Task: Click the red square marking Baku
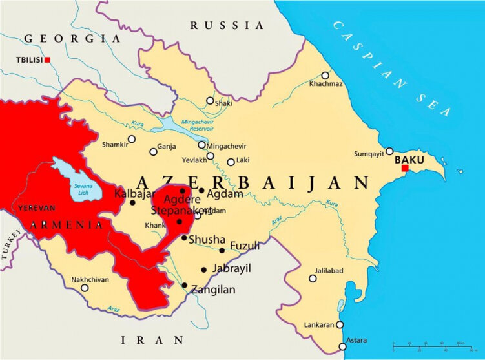click(x=405, y=169)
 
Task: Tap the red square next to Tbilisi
click(x=47, y=60)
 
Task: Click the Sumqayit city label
click(x=369, y=154)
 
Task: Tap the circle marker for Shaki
click(x=209, y=101)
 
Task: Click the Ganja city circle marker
click(x=153, y=152)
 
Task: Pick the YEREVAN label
click(x=36, y=208)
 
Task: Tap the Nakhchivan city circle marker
click(x=85, y=288)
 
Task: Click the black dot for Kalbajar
click(x=132, y=202)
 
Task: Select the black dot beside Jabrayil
click(x=204, y=270)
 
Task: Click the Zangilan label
click(x=213, y=290)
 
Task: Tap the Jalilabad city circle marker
click(x=313, y=279)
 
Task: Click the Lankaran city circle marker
click(x=340, y=324)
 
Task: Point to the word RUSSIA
click(x=227, y=26)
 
